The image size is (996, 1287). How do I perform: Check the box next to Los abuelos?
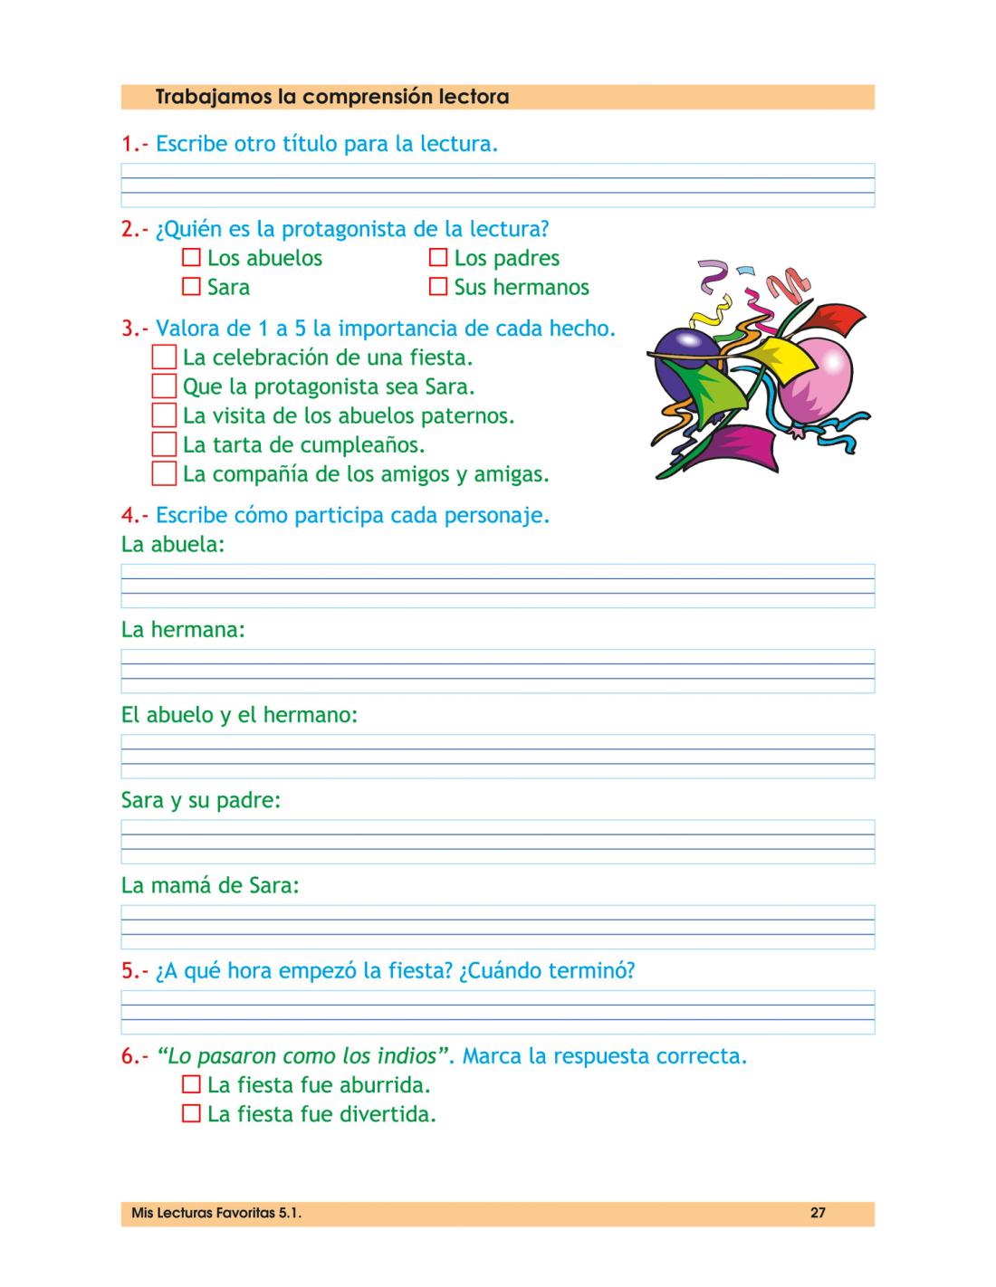[x=191, y=258]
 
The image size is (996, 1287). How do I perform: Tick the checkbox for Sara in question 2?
[x=191, y=287]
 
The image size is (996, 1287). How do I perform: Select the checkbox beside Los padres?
[x=438, y=258]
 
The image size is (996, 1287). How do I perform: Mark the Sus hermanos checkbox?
[x=438, y=287]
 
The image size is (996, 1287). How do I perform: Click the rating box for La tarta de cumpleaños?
[x=164, y=444]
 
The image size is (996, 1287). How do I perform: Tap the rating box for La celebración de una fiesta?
[x=164, y=357]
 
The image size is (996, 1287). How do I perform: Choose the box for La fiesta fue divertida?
[x=191, y=1114]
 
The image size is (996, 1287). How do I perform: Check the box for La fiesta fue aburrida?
[x=191, y=1084]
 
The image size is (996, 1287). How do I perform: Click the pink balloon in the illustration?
[x=817, y=380]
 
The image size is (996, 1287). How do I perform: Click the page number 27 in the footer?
[x=818, y=1214]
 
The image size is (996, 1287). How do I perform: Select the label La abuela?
[x=173, y=545]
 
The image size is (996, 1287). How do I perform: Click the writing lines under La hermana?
[x=497, y=671]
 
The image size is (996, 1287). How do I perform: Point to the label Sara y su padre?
[x=201, y=801]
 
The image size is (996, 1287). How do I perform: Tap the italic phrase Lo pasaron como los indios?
[x=304, y=1056]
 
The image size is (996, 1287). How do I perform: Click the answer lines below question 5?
[x=497, y=1012]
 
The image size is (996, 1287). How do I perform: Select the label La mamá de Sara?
[x=210, y=885]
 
